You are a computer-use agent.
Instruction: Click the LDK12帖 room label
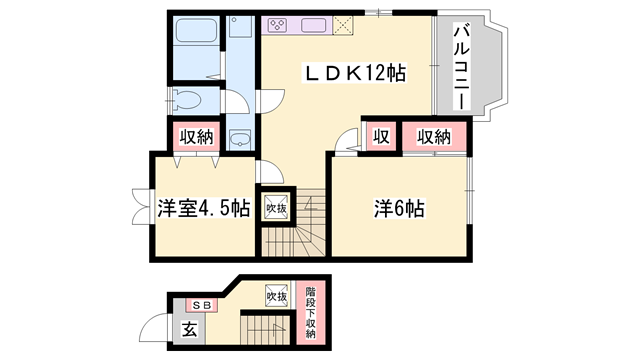tap(356, 74)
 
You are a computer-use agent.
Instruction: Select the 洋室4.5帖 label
tap(203, 209)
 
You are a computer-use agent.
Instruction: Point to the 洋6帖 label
tap(400, 209)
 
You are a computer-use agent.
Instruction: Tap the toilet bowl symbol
tap(187, 99)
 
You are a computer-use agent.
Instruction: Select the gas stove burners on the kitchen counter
tap(277, 24)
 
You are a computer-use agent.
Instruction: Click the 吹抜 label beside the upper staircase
tap(275, 208)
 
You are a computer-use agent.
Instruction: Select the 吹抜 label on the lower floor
tap(277, 295)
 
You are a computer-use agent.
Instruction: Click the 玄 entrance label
tap(189, 329)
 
